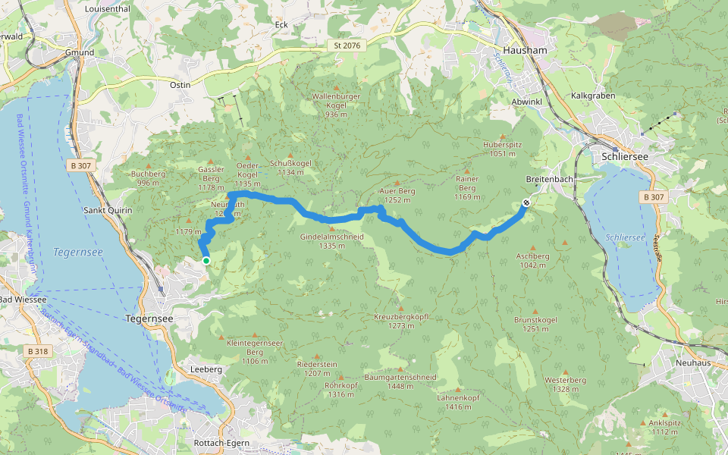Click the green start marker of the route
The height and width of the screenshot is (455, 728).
point(206,261)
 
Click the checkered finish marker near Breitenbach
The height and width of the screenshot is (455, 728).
point(526,202)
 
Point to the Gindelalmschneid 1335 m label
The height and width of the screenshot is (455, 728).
point(332,241)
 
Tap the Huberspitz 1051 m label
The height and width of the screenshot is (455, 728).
point(503,149)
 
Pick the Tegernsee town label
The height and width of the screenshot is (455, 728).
point(149,319)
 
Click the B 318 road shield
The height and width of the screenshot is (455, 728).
point(36,352)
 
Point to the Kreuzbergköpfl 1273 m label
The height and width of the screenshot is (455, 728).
point(402,321)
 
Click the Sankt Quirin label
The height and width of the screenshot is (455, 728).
point(107,210)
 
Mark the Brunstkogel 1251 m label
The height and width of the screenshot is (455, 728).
point(536,325)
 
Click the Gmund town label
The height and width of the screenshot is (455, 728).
point(80,53)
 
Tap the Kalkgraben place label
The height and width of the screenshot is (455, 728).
point(593,96)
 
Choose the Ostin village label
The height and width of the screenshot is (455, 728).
point(180,85)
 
